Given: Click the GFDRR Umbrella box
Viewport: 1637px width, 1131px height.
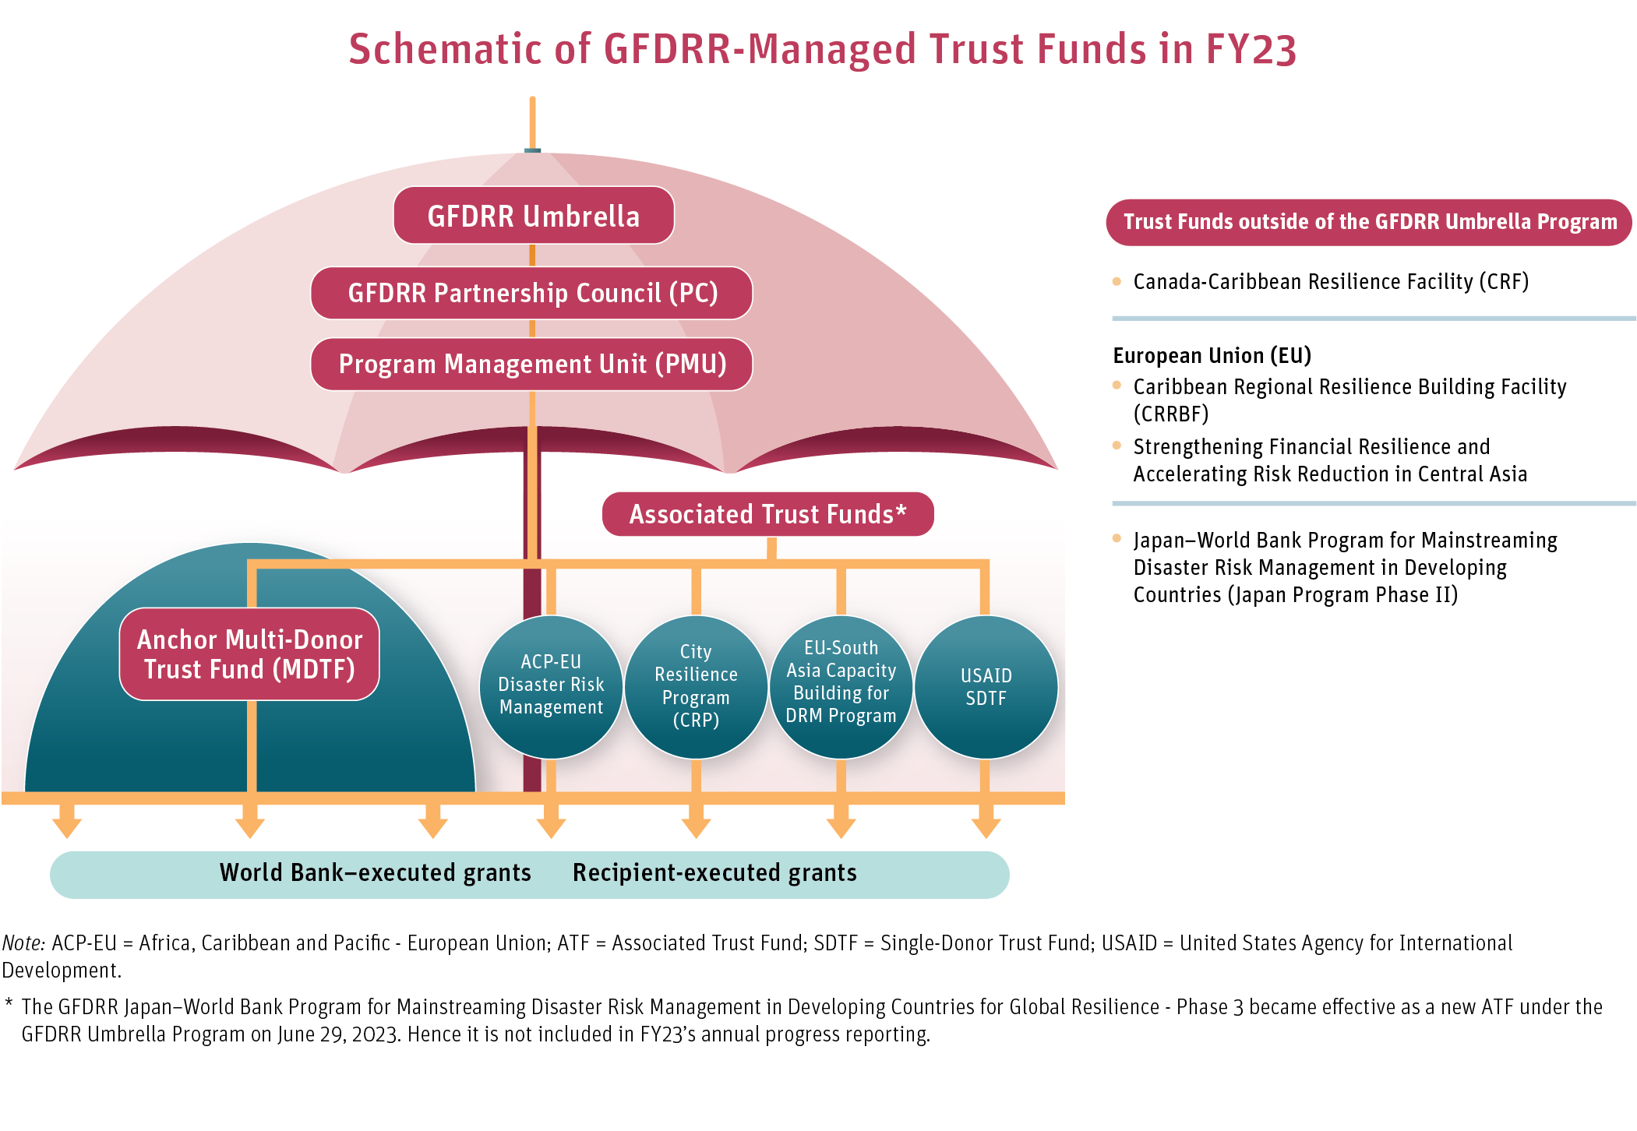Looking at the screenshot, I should point(533,216).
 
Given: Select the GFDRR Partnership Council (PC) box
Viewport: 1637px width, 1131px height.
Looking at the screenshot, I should point(531,293).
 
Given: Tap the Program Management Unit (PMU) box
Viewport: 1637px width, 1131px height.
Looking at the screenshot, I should point(531,364).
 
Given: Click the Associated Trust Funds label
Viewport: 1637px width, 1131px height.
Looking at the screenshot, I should point(767,514).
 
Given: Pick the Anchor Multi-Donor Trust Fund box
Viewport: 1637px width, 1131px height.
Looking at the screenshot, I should point(249,654).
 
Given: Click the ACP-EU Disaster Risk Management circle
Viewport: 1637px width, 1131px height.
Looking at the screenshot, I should point(551,685).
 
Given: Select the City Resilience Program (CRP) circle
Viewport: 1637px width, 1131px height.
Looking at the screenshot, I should point(696,685).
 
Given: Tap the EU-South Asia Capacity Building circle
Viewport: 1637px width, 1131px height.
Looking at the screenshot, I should point(841,683).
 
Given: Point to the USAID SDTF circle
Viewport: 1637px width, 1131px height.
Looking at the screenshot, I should point(986,686).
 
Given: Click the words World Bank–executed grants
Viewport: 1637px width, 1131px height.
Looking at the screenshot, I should point(375,872).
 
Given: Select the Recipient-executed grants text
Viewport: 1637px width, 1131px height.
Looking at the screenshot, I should point(714,872).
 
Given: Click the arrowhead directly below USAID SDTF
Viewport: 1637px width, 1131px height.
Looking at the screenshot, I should point(986,827).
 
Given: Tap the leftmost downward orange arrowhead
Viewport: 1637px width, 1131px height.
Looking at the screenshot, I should point(67,827).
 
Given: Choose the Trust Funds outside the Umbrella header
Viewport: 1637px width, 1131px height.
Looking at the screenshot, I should point(1369,222).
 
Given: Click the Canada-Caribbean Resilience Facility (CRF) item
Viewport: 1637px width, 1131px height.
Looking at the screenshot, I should point(1330,282).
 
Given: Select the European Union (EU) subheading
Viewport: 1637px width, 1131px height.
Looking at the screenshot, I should point(1212,356).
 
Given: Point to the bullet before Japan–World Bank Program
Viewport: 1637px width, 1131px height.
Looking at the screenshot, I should point(1117,538).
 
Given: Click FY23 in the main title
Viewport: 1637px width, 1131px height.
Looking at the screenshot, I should point(1251,49).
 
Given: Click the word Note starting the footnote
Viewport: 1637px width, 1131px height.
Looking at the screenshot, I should point(23,943).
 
